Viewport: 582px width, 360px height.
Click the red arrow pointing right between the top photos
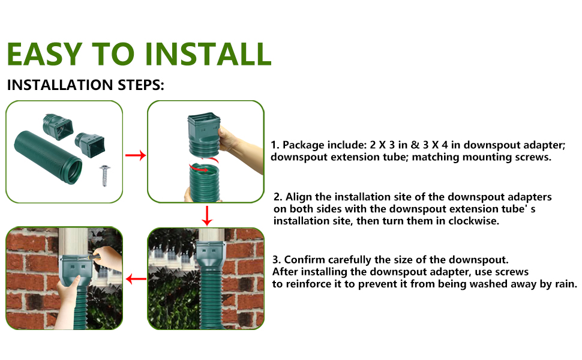[135, 155]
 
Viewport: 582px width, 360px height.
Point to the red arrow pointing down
[206, 215]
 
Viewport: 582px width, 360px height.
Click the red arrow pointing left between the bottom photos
[135, 279]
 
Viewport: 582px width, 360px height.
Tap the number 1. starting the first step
[275, 145]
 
